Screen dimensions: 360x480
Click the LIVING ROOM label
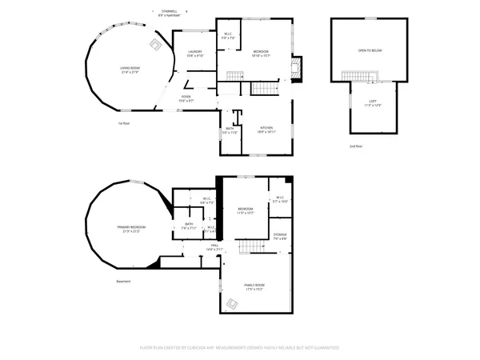click(130, 70)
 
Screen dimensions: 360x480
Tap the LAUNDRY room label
click(194, 54)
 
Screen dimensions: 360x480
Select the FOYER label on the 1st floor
click(185, 98)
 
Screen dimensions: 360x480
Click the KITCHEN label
click(266, 128)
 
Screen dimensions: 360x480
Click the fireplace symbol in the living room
click(151, 44)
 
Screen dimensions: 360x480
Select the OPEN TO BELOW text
click(370, 50)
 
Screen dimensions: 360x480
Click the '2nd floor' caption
click(355, 146)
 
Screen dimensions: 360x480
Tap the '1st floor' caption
click(124, 123)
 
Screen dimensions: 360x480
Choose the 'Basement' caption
click(122, 281)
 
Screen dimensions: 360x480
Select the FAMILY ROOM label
click(254, 286)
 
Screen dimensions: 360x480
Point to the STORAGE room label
click(280, 237)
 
